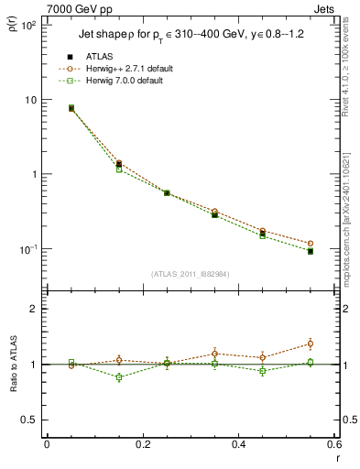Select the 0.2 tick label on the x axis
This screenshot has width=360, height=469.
click(142, 444)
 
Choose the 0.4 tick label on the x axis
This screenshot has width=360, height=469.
click(238, 444)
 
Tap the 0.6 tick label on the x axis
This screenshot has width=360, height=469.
click(333, 444)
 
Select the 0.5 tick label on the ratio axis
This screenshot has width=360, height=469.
click(32, 420)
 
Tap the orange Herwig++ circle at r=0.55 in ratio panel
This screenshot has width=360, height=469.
click(311, 344)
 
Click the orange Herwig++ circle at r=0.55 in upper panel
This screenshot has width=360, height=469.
click(311, 244)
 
